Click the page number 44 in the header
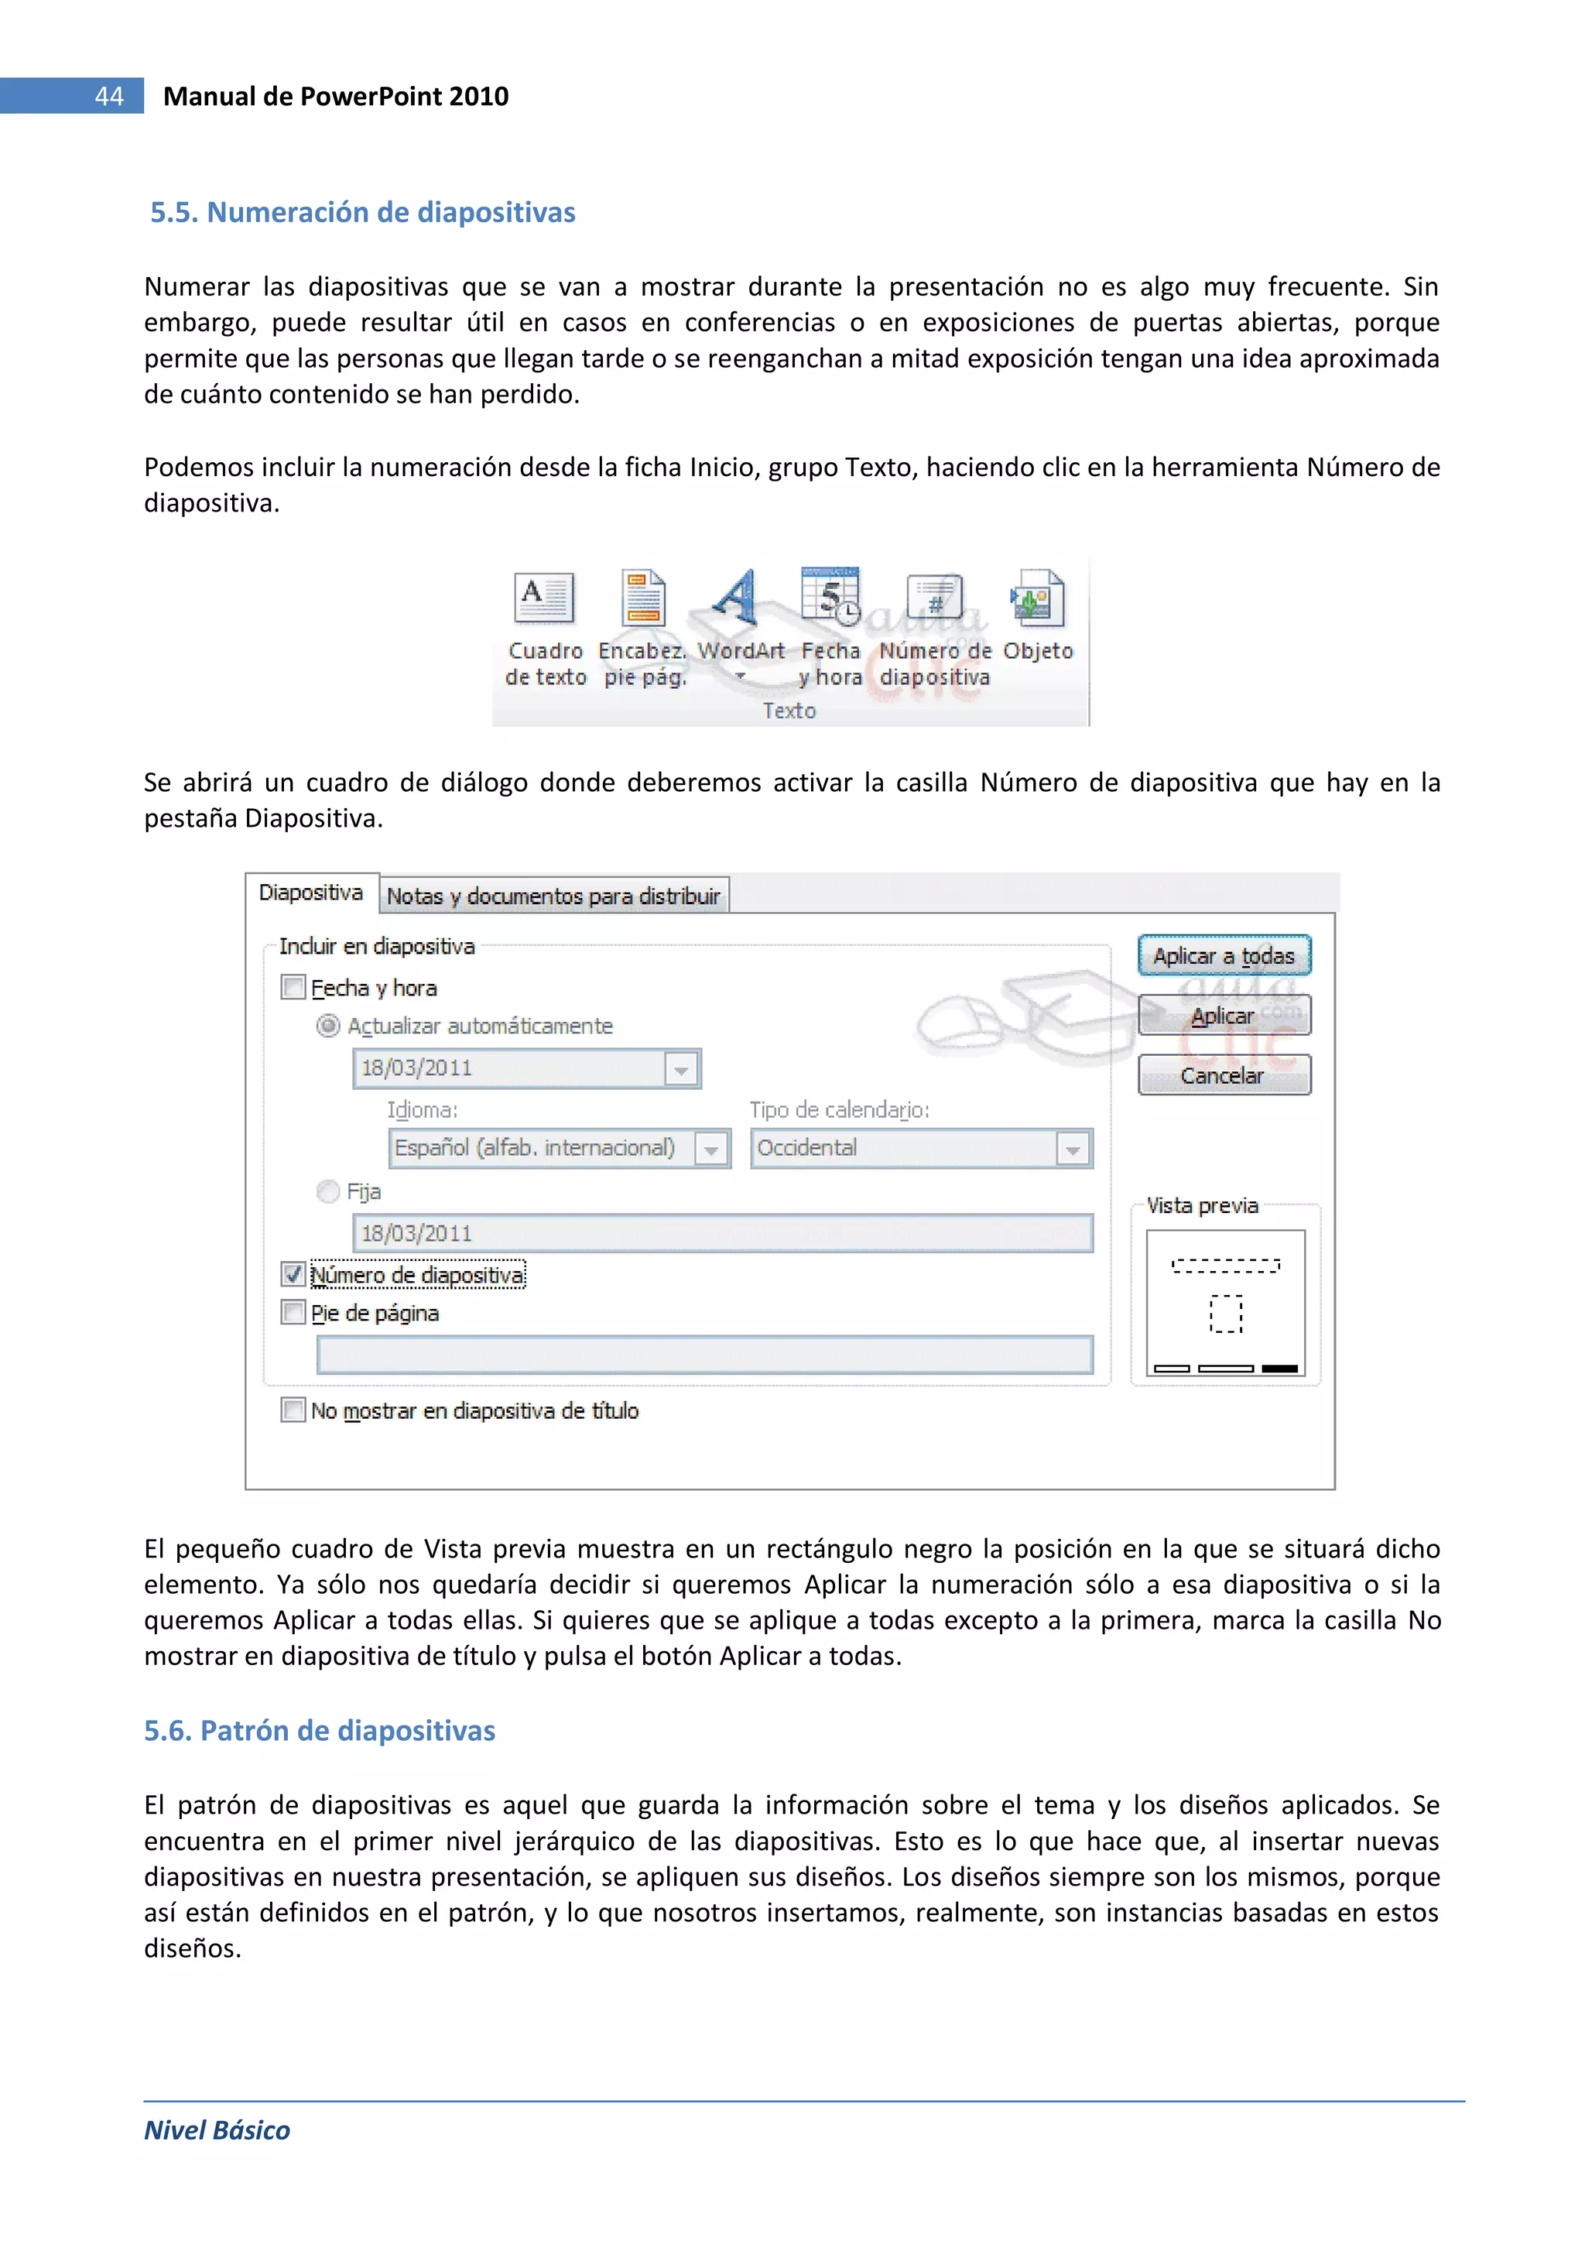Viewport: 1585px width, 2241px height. [108, 96]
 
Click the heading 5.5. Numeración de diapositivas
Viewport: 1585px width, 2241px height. [362, 212]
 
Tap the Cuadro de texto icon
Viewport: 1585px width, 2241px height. [543, 598]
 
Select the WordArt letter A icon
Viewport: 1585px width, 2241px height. [736, 598]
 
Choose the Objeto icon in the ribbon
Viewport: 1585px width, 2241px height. [1036, 598]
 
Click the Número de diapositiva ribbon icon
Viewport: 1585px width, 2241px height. [934, 598]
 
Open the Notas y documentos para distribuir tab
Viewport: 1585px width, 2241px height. [553, 896]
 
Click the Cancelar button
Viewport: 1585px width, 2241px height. [1223, 1075]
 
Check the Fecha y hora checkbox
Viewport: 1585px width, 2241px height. [293, 988]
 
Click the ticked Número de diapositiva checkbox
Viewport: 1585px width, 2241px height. [293, 1275]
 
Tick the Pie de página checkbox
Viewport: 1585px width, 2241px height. [293, 1313]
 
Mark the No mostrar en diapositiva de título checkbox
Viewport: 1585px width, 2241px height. [293, 1410]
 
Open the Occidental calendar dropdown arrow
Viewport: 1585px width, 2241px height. [1073, 1149]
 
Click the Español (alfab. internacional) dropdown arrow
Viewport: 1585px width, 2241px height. [711, 1149]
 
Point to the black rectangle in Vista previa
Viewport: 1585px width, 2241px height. [1279, 1369]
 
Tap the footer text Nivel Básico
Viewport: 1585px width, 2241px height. [217, 2130]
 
